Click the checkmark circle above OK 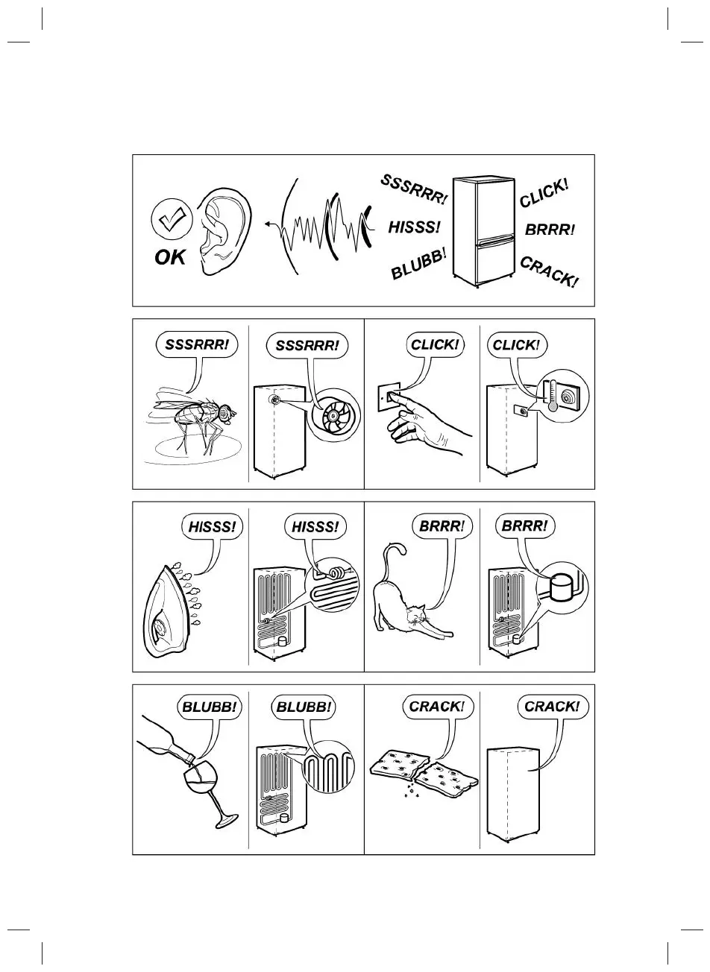[172, 220]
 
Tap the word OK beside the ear [170, 258]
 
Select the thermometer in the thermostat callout [553, 394]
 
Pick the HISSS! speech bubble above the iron [211, 527]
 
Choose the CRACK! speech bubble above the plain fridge [552, 706]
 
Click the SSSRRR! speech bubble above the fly [192, 344]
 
